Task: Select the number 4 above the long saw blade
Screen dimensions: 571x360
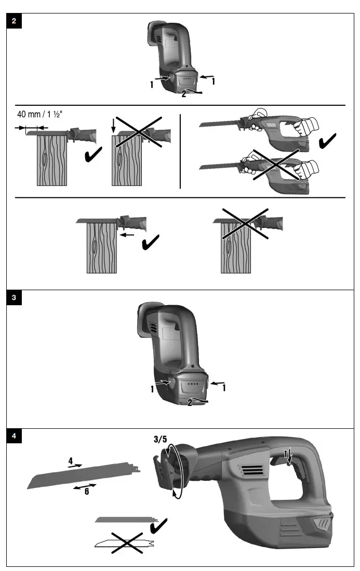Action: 71,460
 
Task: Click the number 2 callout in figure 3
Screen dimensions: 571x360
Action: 190,402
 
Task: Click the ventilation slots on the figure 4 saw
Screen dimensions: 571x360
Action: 249,471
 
